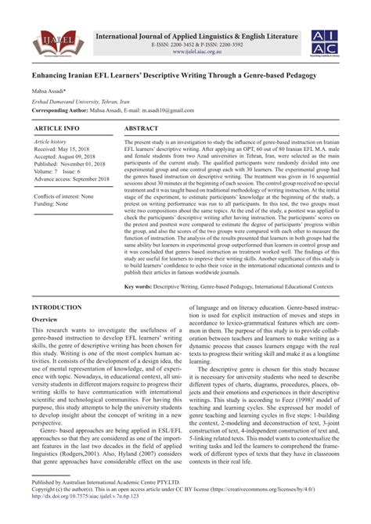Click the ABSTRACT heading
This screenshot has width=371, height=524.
[x=143, y=126]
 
